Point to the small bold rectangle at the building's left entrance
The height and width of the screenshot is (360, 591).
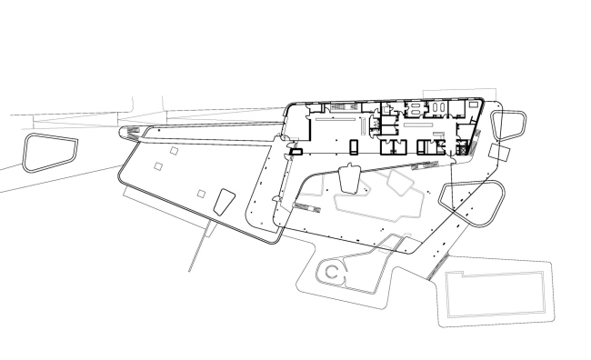294,151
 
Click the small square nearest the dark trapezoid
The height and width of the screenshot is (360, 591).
202,194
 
